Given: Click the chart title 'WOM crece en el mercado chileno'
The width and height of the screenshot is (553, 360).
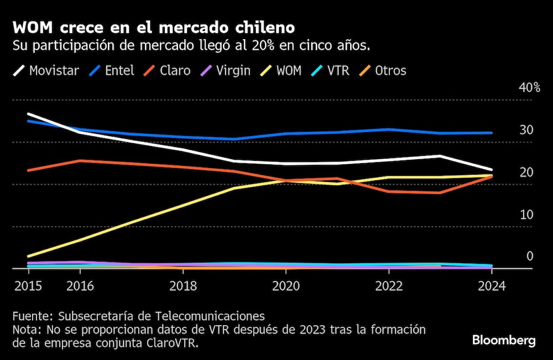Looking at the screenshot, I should [153, 28].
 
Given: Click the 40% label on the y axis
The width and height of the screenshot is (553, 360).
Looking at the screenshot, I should [529, 88].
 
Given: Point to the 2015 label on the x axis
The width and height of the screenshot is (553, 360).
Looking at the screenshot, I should [28, 286].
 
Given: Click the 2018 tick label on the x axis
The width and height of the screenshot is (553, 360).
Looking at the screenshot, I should [183, 286].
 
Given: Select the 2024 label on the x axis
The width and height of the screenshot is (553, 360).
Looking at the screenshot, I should [491, 286].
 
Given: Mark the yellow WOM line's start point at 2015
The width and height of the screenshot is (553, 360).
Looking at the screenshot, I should [28, 257].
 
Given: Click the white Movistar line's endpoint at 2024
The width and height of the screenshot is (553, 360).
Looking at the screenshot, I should [492, 170].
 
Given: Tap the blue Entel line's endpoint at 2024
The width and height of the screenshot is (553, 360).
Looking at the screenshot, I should [492, 133].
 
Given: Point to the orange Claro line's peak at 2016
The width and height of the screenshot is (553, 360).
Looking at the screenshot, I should [80, 160].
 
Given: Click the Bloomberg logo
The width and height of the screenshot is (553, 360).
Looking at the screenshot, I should [503, 340].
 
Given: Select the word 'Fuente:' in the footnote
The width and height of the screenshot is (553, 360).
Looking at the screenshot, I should [32, 316].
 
